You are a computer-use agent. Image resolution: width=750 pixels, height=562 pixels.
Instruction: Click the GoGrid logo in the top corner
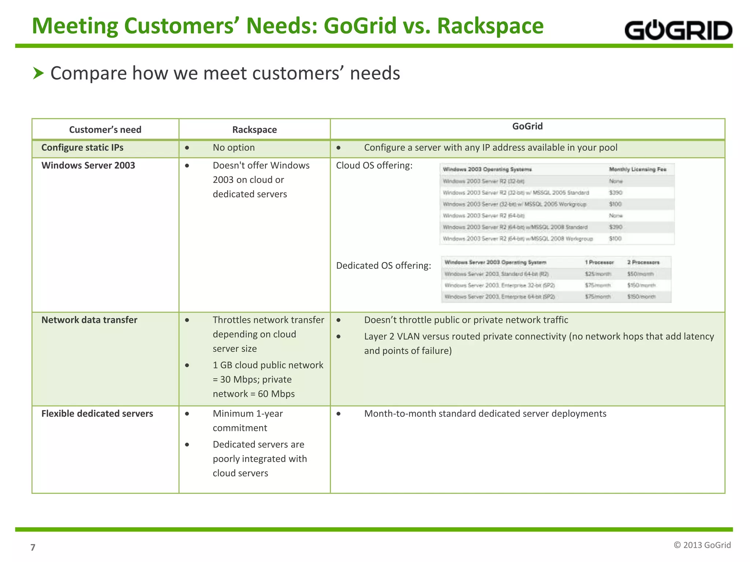[x=678, y=30]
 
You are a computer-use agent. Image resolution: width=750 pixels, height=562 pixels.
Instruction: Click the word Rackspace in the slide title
[x=490, y=26]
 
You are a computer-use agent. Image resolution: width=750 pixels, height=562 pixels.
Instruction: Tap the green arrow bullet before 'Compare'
[x=38, y=73]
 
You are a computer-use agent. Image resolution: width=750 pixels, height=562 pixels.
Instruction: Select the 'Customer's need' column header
[x=105, y=130]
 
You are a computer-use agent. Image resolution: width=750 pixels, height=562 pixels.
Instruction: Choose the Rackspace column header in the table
[x=255, y=130]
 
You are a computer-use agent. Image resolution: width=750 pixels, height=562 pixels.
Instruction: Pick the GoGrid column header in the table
[x=527, y=126]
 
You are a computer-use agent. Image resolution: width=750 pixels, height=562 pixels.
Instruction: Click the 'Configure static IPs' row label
[x=82, y=147]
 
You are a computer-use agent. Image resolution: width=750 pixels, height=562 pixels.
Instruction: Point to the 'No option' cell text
[x=234, y=147]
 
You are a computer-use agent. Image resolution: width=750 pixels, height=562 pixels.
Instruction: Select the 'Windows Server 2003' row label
[x=88, y=165]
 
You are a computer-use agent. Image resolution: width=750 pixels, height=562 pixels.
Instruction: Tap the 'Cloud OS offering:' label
[x=374, y=165]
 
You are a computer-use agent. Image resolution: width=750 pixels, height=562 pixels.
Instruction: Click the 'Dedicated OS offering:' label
[x=383, y=265]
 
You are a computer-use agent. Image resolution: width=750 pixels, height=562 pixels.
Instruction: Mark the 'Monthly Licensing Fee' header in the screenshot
[x=638, y=169]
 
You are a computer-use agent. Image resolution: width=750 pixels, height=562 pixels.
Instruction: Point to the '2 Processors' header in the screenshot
[x=643, y=262]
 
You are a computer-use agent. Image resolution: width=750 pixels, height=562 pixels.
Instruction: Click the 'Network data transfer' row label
[x=89, y=320]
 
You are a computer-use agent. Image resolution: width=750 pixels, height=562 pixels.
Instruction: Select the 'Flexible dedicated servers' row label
[x=97, y=413]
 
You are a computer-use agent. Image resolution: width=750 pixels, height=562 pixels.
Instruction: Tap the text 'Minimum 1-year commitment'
[x=248, y=420]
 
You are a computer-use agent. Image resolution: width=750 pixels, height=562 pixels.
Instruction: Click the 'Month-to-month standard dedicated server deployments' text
[x=485, y=413]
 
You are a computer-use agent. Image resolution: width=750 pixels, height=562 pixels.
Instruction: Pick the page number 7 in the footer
[x=33, y=547]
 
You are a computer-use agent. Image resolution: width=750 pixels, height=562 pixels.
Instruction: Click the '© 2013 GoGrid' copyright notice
[x=702, y=545]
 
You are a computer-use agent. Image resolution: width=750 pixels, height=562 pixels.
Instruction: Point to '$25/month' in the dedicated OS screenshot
[x=598, y=274]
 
